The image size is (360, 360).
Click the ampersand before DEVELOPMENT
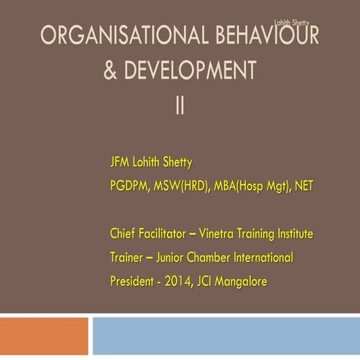tap(110, 71)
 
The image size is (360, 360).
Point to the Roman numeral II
tap(180, 106)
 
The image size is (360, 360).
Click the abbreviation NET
tap(302, 185)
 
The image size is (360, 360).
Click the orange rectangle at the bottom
tap(43, 335)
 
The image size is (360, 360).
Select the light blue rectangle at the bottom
tap(225, 335)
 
